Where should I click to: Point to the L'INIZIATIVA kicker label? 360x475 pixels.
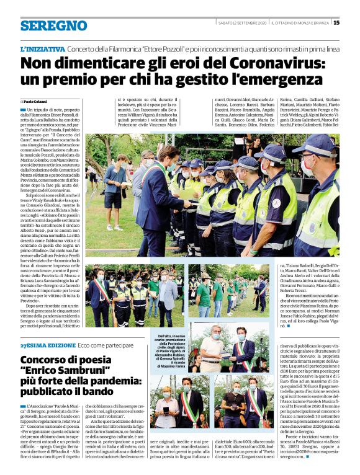tap(42, 49)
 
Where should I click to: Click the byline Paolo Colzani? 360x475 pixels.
tap(35, 101)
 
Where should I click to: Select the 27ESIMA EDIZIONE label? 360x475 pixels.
tap(40, 345)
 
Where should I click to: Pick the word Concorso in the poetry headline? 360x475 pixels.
tap(46, 360)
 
